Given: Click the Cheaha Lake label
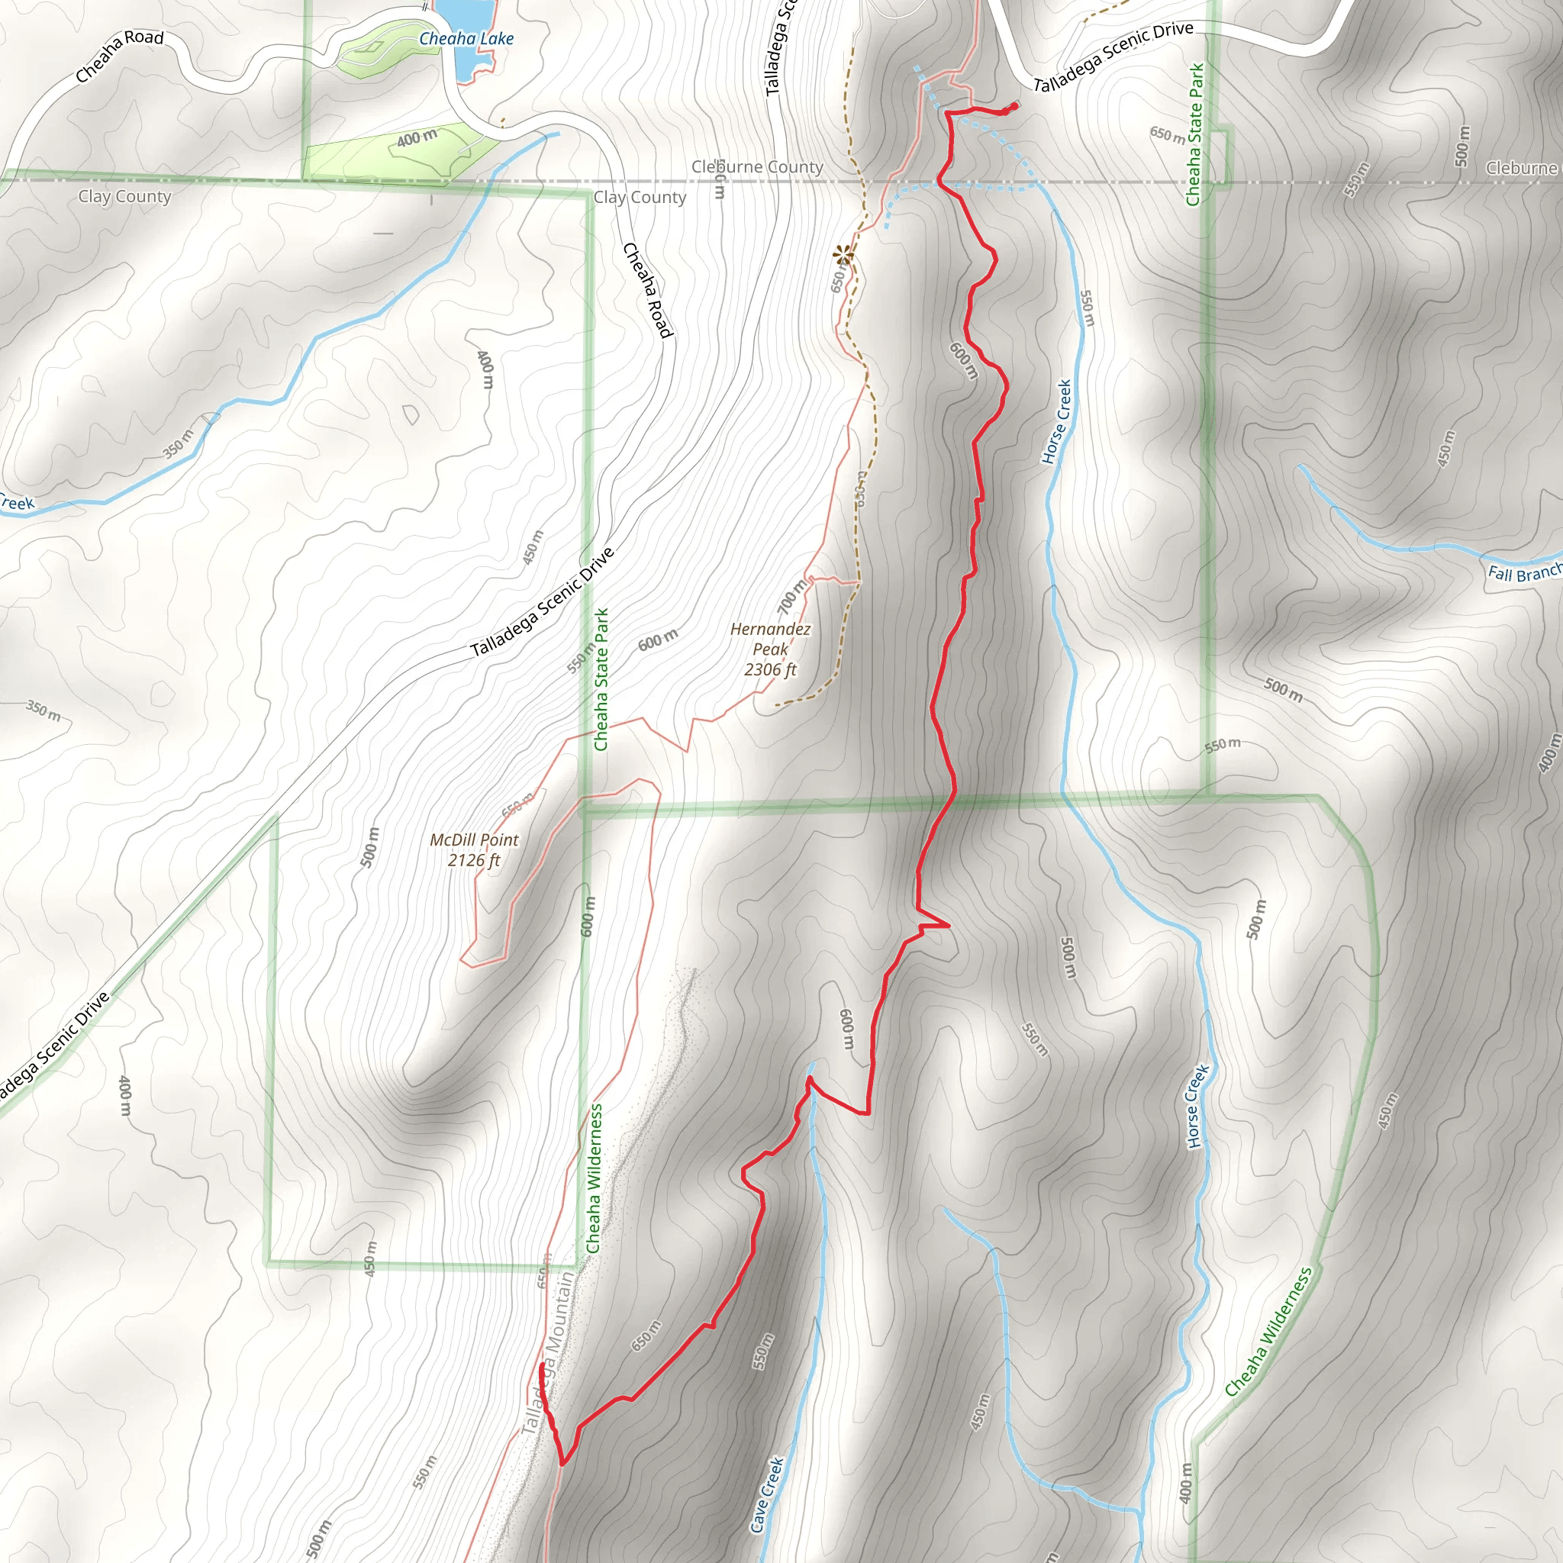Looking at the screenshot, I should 466,38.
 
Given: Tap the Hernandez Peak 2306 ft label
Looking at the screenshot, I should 770,649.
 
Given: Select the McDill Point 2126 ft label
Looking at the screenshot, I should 474,849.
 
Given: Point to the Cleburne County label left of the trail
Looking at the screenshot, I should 756,166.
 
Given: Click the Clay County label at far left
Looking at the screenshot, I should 124,197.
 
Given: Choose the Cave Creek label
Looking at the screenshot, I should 766,1495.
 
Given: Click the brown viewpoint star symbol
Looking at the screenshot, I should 843,256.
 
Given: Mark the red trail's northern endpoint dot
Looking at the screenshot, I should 1014,105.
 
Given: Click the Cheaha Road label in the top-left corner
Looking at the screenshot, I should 119,56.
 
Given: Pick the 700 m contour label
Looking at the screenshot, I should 791,597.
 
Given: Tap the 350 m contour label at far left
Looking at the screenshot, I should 43,711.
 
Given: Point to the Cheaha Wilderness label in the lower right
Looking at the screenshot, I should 1267,1333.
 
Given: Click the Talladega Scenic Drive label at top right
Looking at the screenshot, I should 1113,56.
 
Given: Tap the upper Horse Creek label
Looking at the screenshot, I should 1056,421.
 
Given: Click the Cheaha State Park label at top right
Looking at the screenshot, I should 1195,135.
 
